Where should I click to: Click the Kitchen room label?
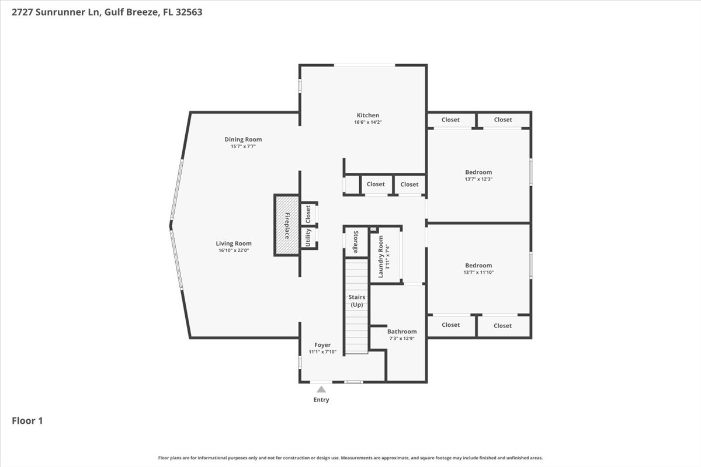(367, 115)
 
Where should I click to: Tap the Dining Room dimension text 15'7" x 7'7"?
(243, 147)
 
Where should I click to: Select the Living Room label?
(234, 243)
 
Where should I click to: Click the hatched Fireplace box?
(287, 225)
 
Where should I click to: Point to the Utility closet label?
(308, 238)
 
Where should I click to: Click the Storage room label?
(356, 242)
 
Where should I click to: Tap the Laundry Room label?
(380, 256)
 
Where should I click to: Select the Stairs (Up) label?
(357, 301)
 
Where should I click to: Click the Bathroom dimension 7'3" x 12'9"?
(402, 339)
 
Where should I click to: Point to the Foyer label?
(322, 344)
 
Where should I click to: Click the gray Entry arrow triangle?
(321, 389)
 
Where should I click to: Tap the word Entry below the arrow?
(321, 400)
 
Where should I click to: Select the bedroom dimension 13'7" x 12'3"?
(478, 179)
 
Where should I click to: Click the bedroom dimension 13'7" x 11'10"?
(478, 273)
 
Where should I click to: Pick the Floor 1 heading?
(27, 421)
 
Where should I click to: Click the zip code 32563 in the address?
(189, 12)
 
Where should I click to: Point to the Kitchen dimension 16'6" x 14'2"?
(367, 123)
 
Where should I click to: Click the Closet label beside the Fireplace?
(308, 214)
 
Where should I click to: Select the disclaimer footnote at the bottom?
(350, 458)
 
